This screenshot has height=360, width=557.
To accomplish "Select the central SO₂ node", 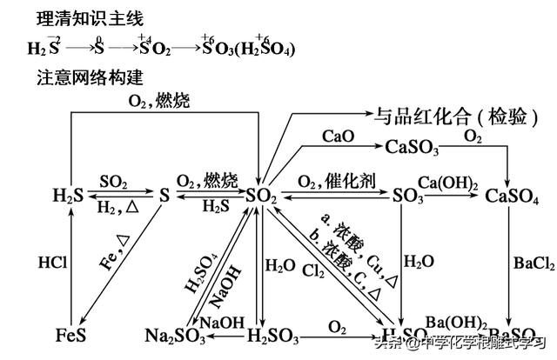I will (x=261, y=197).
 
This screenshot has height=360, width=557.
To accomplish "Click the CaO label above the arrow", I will (x=337, y=137).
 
